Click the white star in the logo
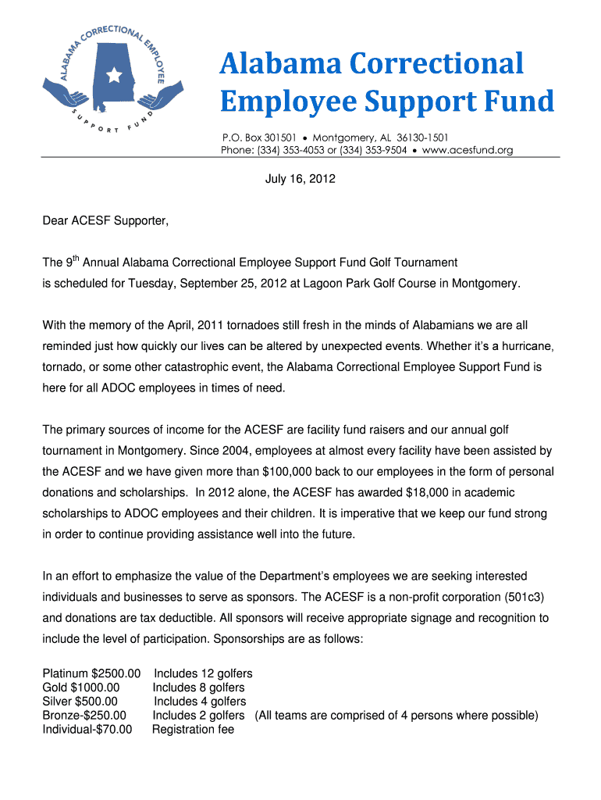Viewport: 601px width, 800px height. click(x=115, y=76)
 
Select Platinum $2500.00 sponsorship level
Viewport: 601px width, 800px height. click(x=91, y=673)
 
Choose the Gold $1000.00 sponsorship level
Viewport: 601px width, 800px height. click(x=81, y=687)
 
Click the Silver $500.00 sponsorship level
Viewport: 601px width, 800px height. click(x=80, y=702)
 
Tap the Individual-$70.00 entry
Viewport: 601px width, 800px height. click(x=87, y=730)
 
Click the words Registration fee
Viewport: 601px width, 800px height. click(x=193, y=730)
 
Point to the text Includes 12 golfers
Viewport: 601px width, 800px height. click(x=203, y=673)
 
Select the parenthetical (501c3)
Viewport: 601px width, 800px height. click(x=517, y=597)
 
